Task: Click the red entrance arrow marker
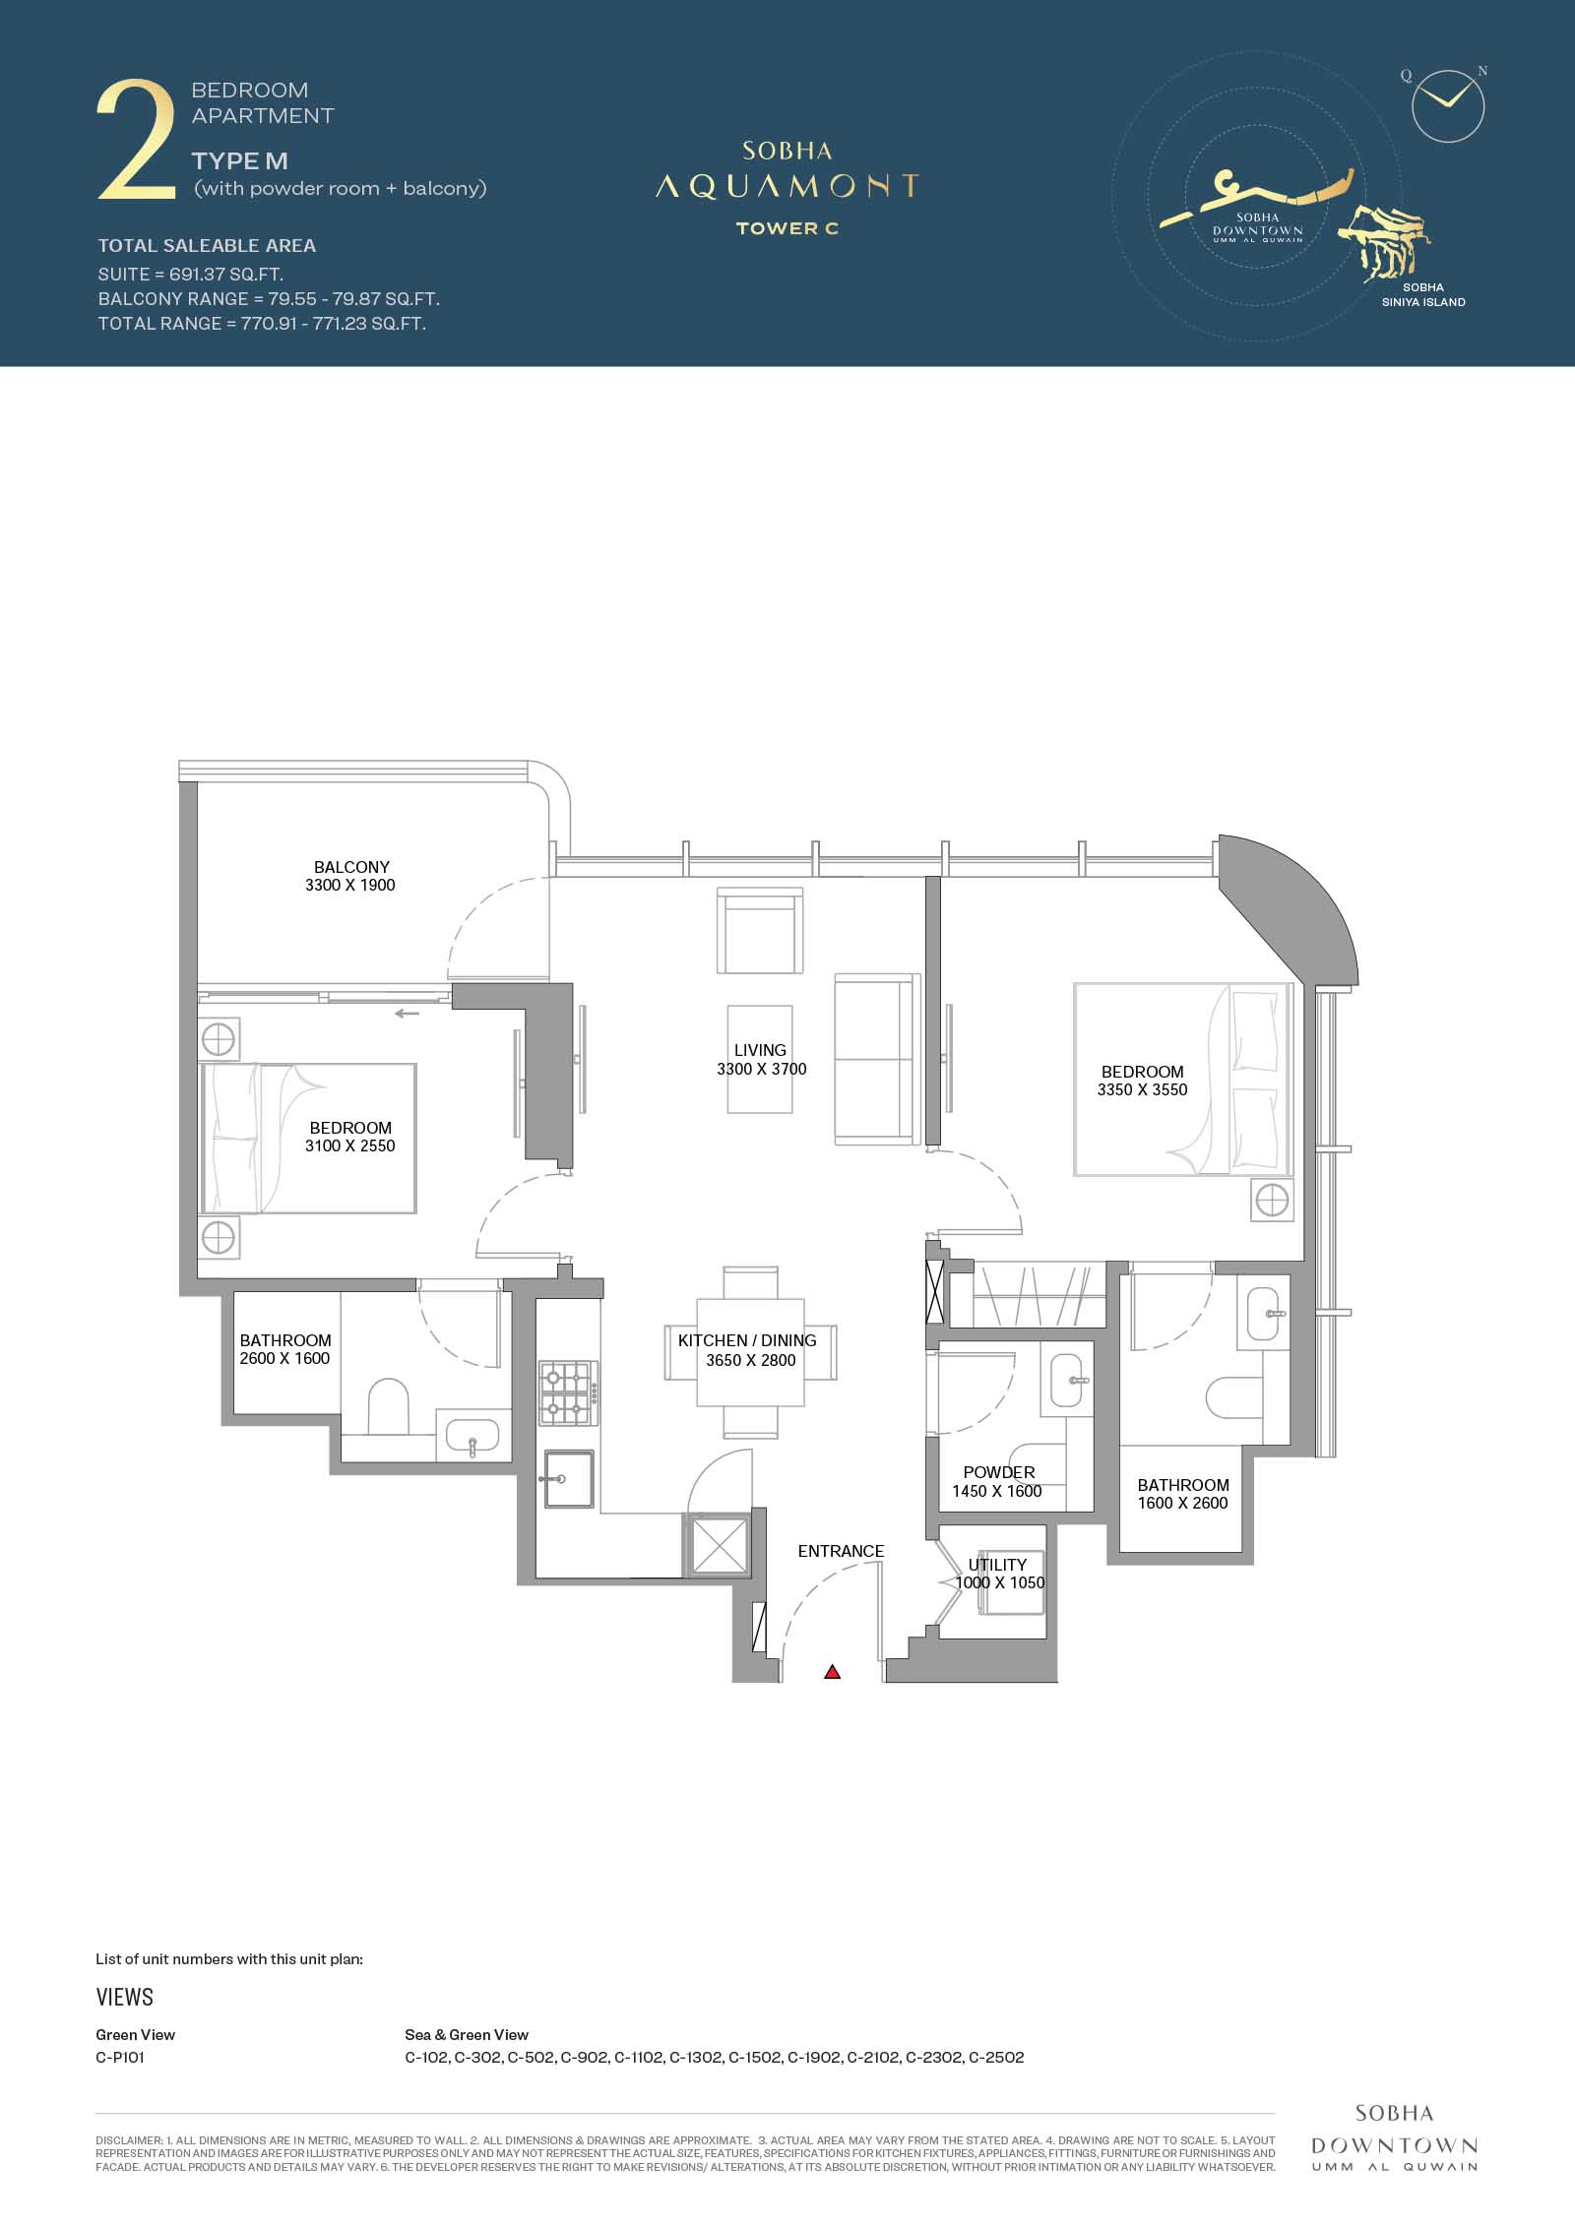(x=833, y=1671)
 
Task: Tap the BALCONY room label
(x=351, y=867)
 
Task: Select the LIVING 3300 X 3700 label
(x=761, y=1060)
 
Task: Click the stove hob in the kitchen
(x=568, y=1393)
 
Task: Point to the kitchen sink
(x=568, y=1479)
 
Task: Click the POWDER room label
(x=998, y=1472)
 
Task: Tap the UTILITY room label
(x=997, y=1565)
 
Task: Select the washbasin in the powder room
(x=1066, y=1381)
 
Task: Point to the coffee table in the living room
(x=760, y=1059)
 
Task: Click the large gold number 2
(x=136, y=142)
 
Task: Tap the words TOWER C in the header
(x=787, y=229)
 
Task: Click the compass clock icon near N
(x=1447, y=105)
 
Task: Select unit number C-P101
(x=120, y=2057)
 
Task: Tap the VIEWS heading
(x=125, y=1997)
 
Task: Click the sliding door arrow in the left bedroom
(x=407, y=1014)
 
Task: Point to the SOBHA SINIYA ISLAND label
(x=1423, y=295)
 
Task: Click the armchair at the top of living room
(x=760, y=930)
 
